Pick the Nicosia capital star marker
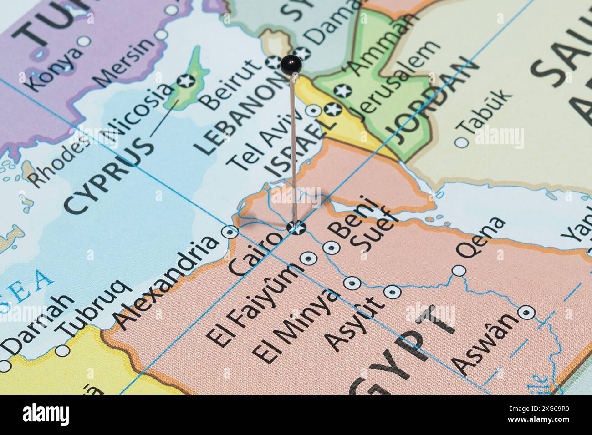pos(186,81)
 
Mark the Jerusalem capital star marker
pos(332,110)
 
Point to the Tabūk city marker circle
pos(462,142)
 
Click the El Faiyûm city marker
pos(310,258)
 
